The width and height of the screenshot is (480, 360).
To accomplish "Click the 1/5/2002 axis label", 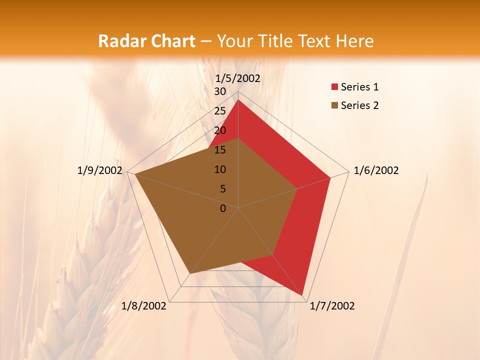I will click(x=237, y=78).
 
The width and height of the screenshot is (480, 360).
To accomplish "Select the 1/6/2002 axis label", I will click(x=376, y=170).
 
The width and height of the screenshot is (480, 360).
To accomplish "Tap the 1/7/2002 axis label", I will click(x=332, y=306).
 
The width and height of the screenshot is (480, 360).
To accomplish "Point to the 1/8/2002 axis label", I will click(x=144, y=306).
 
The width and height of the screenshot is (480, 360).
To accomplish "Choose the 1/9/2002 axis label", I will click(x=100, y=170).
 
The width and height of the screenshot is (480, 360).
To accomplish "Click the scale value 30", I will click(x=219, y=91).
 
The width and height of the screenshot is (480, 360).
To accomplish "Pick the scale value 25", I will click(x=219, y=111).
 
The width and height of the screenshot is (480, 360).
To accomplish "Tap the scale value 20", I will click(x=219, y=130).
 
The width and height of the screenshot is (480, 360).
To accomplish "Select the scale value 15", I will click(x=219, y=150).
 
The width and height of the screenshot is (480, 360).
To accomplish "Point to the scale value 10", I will click(x=219, y=169).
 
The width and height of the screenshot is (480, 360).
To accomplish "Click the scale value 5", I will click(x=222, y=189).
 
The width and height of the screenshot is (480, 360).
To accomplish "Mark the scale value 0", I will click(x=223, y=208).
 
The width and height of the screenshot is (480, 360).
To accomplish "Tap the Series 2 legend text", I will click(x=359, y=105).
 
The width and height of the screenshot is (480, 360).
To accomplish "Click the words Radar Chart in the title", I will click(x=146, y=41).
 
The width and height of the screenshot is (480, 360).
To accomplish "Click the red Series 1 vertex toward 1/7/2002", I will click(x=303, y=295).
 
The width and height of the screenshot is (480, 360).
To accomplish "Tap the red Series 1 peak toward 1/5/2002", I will click(x=238, y=100).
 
